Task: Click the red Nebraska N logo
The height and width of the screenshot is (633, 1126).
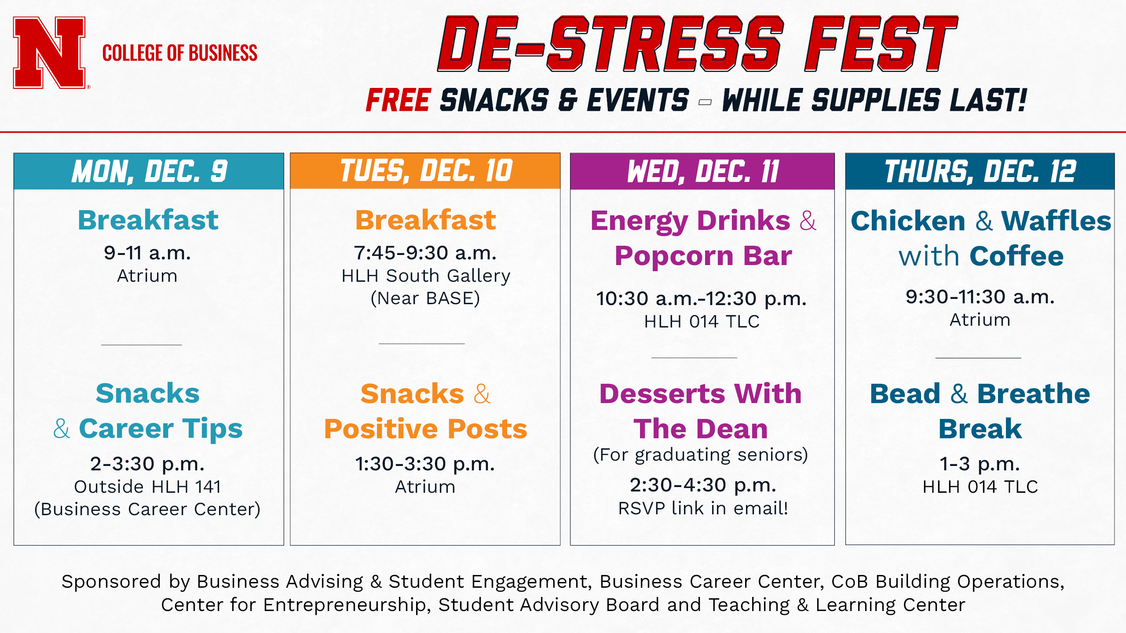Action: coord(49,53)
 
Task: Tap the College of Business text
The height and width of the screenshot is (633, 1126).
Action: coord(180,53)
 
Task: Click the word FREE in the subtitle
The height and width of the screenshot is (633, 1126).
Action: coord(398,100)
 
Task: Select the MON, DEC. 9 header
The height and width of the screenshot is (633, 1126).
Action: coord(149,171)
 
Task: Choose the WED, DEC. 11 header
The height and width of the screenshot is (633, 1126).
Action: coord(702,171)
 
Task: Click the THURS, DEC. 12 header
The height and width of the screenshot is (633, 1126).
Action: coord(980,171)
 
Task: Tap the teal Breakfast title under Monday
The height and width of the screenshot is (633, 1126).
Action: coord(148,220)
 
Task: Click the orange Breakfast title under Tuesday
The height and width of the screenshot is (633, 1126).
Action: coord(426,220)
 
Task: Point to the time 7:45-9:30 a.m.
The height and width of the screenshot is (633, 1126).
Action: coord(425,253)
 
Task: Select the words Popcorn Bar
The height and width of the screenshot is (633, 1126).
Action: coord(703,256)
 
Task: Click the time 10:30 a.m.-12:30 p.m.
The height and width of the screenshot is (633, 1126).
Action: coord(702,298)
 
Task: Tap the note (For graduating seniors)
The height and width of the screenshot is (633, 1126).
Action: coord(701,455)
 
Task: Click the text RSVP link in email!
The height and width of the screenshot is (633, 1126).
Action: coord(703,508)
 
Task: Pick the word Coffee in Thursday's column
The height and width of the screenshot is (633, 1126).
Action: coord(1016,256)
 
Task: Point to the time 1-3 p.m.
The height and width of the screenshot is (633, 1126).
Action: coord(980,464)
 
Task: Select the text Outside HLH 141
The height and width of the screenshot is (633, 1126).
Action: coord(147,487)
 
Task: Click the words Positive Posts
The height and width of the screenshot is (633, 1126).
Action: coord(425,429)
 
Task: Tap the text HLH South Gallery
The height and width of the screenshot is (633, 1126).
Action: coord(426,276)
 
